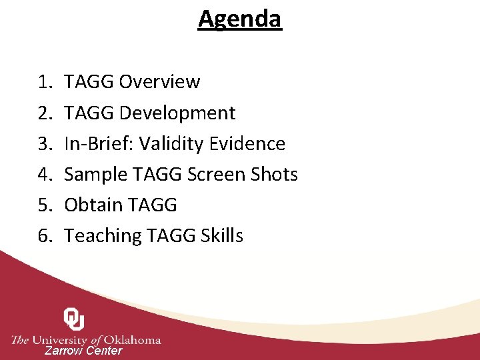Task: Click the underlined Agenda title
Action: pos(240,19)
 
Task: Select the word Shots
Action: pos(275,174)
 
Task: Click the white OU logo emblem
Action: pos(73,319)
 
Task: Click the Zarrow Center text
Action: pos(83,351)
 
